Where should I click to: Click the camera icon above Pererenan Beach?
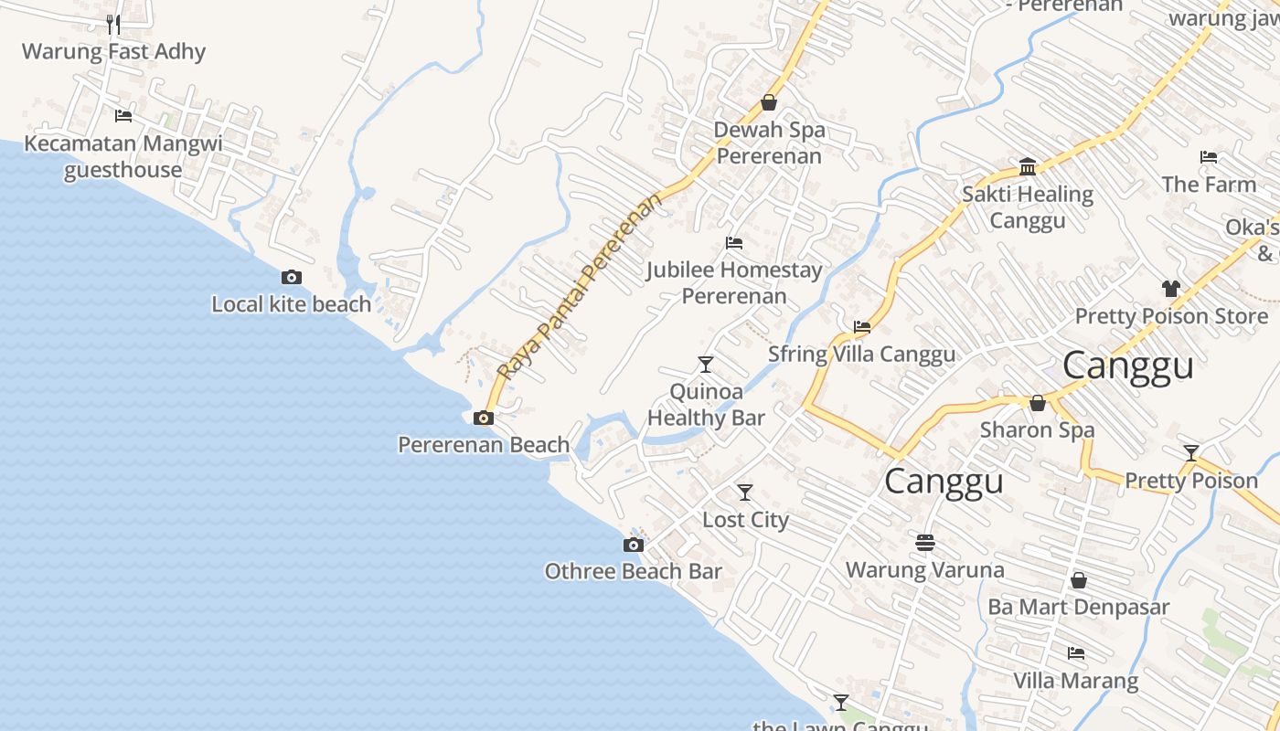click(483, 418)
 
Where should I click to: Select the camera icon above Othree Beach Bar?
click(633, 546)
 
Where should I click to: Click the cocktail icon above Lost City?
click(745, 493)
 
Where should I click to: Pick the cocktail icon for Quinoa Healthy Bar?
click(705, 365)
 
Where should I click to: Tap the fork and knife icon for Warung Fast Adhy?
click(113, 24)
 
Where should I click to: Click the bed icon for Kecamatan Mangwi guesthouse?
click(123, 116)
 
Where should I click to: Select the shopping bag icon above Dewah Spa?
click(769, 102)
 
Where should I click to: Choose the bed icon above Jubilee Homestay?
click(733, 243)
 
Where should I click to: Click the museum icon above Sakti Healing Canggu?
click(1028, 167)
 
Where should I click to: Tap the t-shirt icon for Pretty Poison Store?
click(1171, 289)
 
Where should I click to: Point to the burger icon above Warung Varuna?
click(924, 543)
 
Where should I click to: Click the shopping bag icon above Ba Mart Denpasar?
click(1079, 580)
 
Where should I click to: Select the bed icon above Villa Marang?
click(1076, 653)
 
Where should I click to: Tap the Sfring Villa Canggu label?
click(861, 355)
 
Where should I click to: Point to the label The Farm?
click(1209, 185)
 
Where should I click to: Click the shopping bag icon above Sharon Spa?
click(1038, 403)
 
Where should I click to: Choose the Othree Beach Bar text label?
click(633, 572)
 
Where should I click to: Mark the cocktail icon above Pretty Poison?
click(1191, 453)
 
